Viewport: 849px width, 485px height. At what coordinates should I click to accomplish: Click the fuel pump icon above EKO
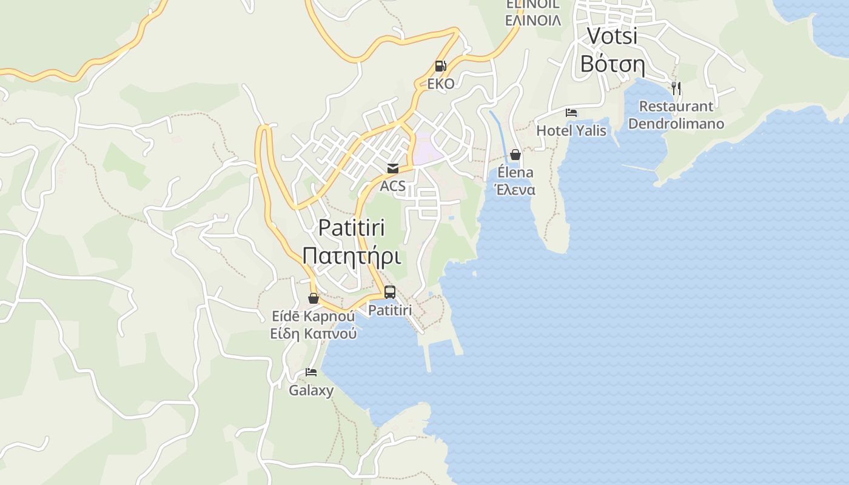(x=440, y=66)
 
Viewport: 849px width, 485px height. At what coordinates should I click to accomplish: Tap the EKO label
(x=441, y=84)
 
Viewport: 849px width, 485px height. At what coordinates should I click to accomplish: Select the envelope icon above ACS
(x=393, y=169)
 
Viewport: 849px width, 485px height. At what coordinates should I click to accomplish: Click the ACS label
(x=392, y=186)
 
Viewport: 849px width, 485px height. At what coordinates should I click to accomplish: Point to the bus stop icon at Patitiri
(x=390, y=292)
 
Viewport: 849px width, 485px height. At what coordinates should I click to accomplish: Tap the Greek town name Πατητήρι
(x=352, y=256)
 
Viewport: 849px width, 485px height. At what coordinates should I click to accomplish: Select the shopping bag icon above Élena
(x=515, y=155)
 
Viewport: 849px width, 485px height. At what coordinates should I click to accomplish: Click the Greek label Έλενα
(x=515, y=190)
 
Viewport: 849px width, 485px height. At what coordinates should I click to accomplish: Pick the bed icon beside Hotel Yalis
(x=571, y=112)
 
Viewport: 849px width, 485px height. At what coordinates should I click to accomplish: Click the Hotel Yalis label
(x=571, y=130)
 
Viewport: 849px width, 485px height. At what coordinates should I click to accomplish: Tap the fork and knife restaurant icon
(x=676, y=89)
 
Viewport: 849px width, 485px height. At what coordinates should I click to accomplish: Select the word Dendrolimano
(x=676, y=124)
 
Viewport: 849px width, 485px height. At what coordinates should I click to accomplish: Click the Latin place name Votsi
(x=612, y=36)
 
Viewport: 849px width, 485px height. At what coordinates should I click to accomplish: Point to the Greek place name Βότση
(x=612, y=63)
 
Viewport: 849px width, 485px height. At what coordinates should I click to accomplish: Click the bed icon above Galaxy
(x=311, y=372)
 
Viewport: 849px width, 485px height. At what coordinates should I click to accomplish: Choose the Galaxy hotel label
(x=311, y=390)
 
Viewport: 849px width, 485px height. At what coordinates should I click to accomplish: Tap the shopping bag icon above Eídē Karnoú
(x=314, y=298)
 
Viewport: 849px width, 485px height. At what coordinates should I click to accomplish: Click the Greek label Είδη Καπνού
(x=314, y=333)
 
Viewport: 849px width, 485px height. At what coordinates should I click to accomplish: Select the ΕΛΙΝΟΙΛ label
(x=533, y=21)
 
